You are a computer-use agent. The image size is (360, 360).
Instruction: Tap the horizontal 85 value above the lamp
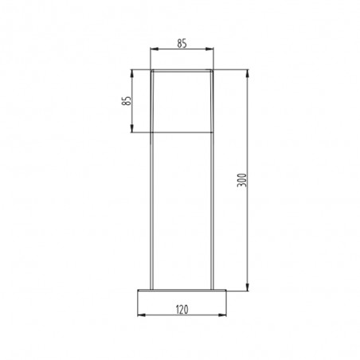[x=182, y=45]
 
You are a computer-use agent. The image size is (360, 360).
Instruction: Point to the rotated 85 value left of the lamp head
[x=126, y=101]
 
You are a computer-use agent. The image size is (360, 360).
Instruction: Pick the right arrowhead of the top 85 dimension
[x=209, y=51]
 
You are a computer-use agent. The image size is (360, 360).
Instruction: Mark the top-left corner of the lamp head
[x=151, y=72]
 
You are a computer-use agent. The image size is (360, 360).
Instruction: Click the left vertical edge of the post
[x=152, y=207]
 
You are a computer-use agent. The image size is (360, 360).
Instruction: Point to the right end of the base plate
[x=226, y=290]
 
